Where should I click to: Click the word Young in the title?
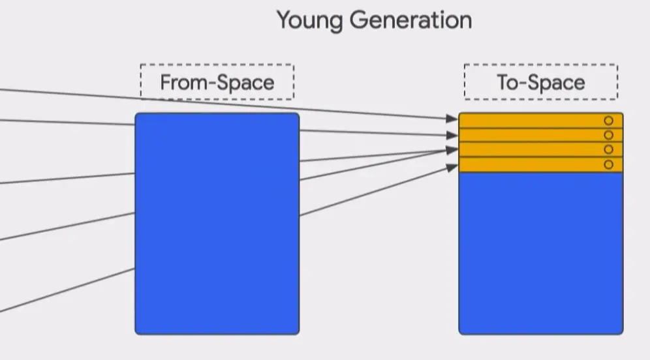click(310, 21)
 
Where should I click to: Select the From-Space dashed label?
click(217, 82)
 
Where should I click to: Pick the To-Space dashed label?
click(540, 82)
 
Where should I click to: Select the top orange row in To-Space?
click(529, 121)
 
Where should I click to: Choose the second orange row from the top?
click(529, 135)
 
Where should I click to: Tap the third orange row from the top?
click(529, 149)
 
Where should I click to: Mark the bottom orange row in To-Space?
click(529, 164)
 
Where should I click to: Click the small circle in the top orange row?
click(608, 121)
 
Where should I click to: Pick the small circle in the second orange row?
click(608, 135)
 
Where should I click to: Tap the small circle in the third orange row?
click(608, 149)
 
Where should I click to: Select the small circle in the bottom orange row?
click(608, 164)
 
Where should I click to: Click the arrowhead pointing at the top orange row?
click(452, 119)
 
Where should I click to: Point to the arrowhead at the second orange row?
click(452, 135)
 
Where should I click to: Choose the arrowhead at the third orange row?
click(452, 150)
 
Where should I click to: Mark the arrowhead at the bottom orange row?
click(452, 168)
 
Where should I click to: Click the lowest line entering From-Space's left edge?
click(65, 291)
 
